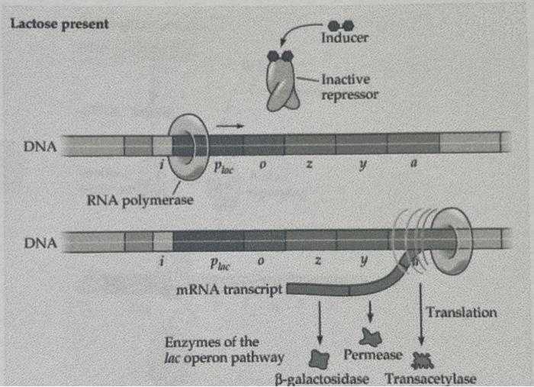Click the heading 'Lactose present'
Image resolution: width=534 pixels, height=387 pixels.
click(60, 23)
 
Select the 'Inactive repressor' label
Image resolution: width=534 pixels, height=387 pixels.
click(349, 86)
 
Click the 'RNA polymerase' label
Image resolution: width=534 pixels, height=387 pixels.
click(140, 201)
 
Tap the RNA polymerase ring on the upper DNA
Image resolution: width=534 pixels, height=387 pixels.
click(187, 144)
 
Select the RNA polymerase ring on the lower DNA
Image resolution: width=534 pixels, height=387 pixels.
click(442, 240)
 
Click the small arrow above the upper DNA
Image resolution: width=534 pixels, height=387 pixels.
click(227, 122)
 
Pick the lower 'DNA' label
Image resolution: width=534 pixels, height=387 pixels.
click(40, 242)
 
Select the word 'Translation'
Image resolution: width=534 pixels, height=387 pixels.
click(462, 312)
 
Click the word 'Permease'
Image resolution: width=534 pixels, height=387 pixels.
click(372, 355)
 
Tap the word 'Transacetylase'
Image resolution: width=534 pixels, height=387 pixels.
click(431, 378)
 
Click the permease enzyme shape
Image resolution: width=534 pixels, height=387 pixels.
click(371, 335)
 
